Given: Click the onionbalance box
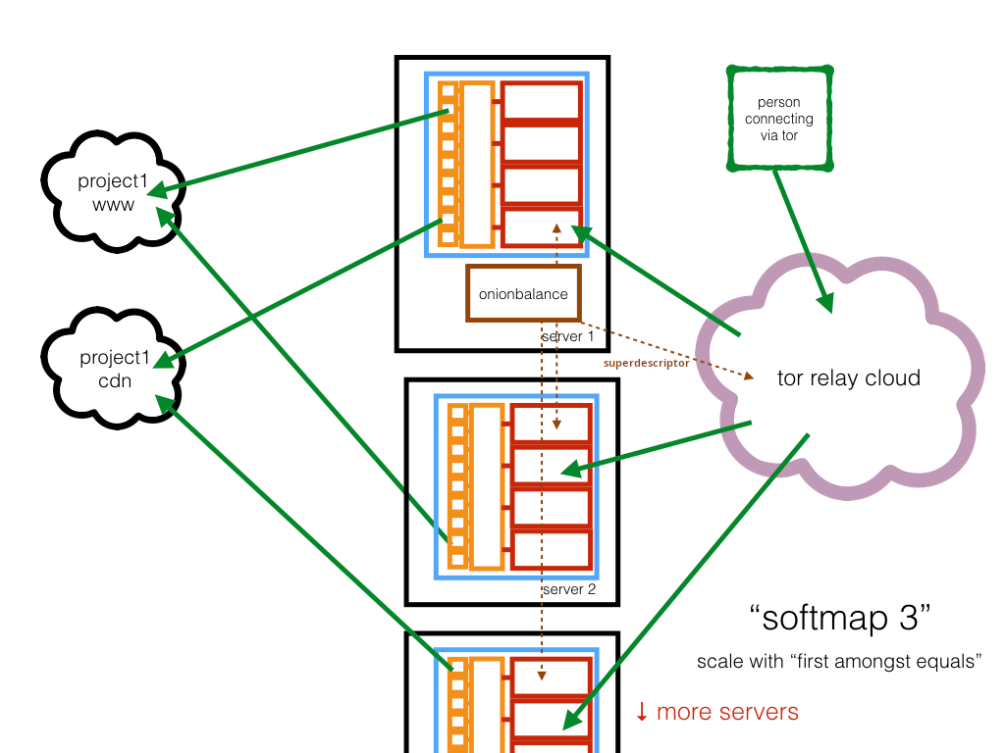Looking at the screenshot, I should (x=523, y=293).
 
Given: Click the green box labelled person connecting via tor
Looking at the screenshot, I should (x=778, y=118).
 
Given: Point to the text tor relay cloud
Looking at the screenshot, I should (x=848, y=378).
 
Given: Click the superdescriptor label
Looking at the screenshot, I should (x=645, y=364).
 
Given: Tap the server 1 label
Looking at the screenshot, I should (x=568, y=336).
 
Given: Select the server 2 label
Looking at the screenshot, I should (x=569, y=589).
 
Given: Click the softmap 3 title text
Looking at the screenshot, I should (x=839, y=619).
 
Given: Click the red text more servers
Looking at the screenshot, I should (x=727, y=712).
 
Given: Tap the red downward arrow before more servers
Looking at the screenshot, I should (x=641, y=712).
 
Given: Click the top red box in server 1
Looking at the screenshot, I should (x=541, y=101).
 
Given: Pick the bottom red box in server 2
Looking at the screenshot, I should (x=551, y=548).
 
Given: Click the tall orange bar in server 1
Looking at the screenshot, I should (x=476, y=164).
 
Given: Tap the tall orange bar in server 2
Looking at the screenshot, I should (x=486, y=485).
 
